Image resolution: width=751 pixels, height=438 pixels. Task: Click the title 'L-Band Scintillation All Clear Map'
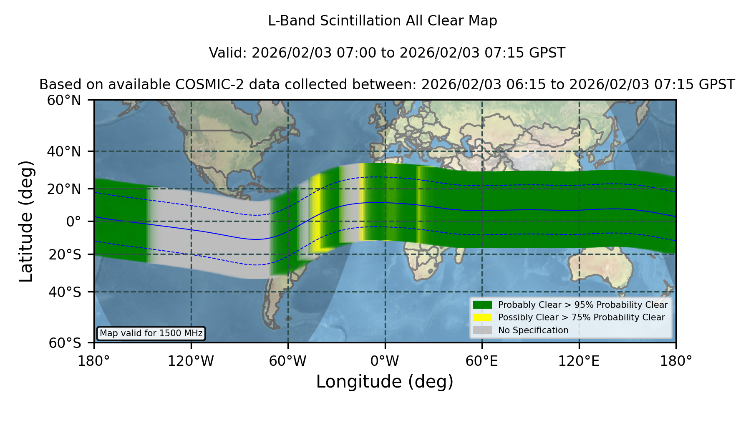click(x=382, y=21)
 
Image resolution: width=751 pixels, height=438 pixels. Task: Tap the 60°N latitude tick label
click(x=64, y=100)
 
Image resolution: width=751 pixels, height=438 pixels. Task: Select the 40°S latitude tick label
click(x=65, y=292)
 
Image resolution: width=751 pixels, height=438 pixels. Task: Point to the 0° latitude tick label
click(x=73, y=222)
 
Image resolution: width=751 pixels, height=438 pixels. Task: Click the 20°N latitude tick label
click(x=64, y=189)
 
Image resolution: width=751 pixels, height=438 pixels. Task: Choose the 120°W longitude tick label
click(x=191, y=361)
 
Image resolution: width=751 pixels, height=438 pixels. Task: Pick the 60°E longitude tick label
click(x=482, y=361)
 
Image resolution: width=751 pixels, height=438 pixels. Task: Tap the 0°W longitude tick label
click(x=385, y=361)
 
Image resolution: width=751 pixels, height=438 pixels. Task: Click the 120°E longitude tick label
click(x=579, y=361)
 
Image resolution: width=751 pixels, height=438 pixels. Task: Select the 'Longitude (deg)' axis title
click(x=385, y=382)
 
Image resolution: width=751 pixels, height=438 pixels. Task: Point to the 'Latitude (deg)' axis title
click(x=26, y=221)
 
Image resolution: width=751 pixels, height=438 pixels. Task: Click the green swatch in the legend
click(x=482, y=305)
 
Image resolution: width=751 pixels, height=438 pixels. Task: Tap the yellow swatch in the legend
click(x=482, y=317)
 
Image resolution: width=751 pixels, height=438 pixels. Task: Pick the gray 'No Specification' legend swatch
click(x=482, y=330)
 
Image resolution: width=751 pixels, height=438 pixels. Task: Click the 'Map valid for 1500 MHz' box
click(x=151, y=333)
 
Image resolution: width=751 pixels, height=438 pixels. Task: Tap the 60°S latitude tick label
click(x=65, y=343)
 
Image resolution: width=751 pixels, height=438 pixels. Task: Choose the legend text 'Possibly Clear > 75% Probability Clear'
click(x=582, y=317)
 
